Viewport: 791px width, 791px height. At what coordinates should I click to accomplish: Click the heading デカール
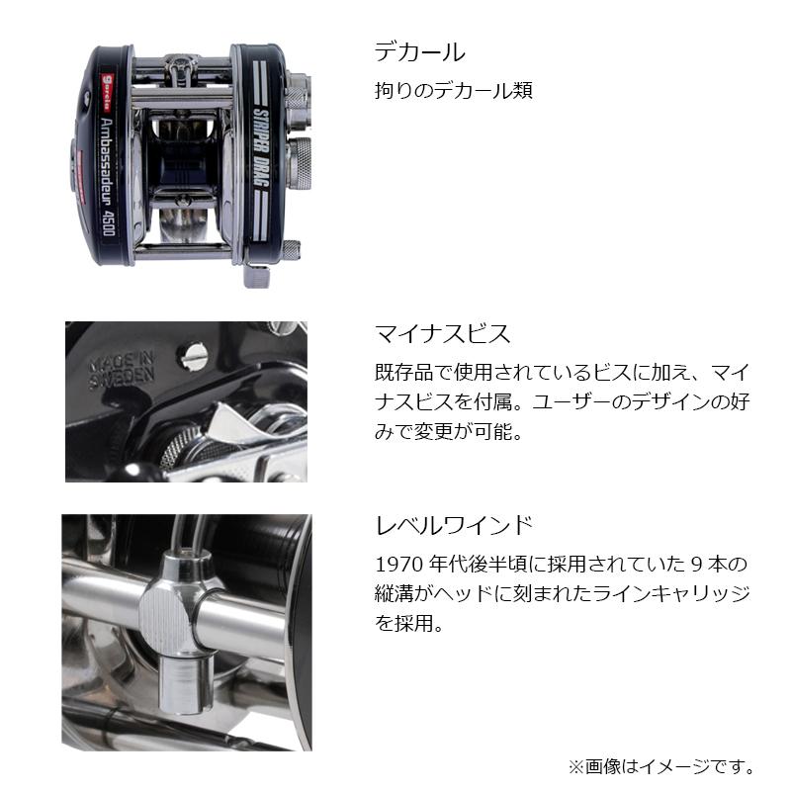[x=419, y=52]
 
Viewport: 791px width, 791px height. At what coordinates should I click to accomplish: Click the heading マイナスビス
[x=442, y=333]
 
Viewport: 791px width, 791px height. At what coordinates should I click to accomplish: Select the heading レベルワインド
[x=455, y=523]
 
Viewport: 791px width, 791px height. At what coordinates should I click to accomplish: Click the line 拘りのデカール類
[x=454, y=91]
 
